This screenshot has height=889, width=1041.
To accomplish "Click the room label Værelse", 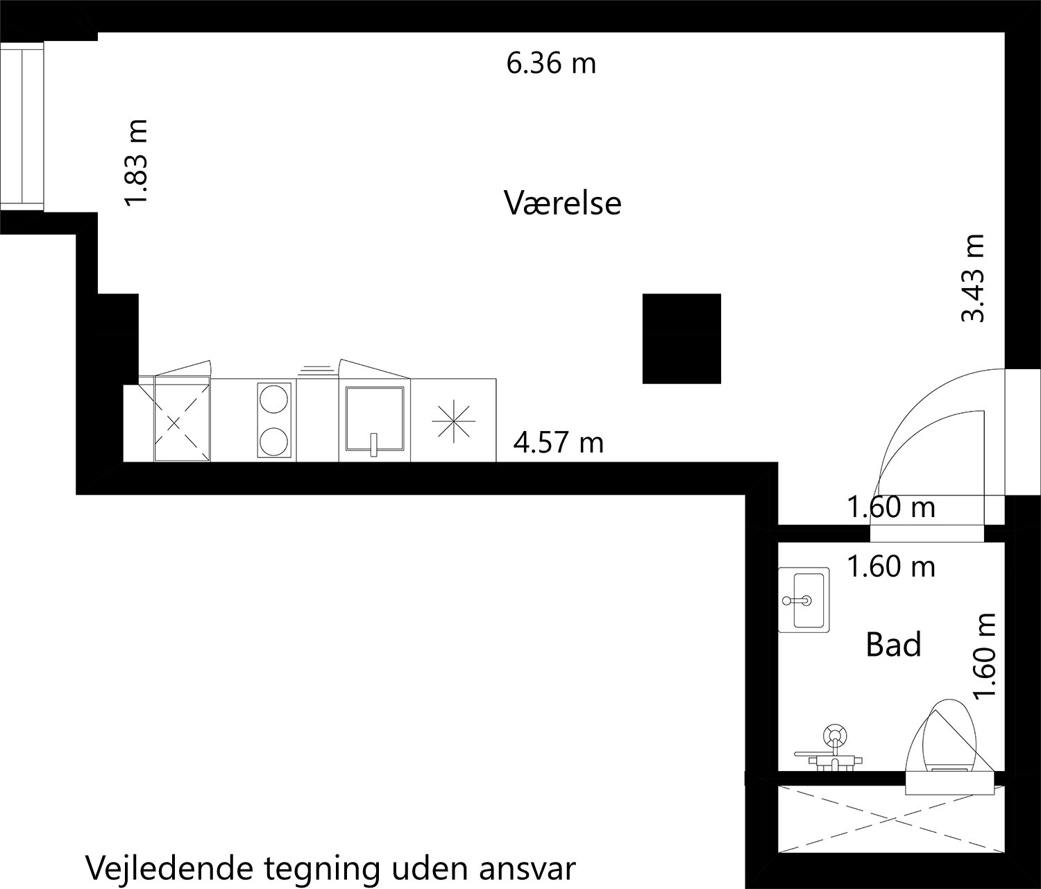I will (562, 203).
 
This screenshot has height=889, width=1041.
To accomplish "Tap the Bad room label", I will (893, 645).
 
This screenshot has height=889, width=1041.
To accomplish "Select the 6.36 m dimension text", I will (551, 64).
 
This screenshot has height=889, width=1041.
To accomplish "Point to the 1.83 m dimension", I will (136, 162).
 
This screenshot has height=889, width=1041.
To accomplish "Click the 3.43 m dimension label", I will (972, 278).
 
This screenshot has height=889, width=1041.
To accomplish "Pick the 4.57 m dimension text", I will (559, 442).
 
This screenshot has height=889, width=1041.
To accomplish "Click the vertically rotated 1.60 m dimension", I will (985, 657).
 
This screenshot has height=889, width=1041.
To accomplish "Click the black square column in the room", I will (682, 338).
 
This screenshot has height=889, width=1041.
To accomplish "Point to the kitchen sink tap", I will (373, 444).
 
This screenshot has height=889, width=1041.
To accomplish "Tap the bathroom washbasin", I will (804, 599).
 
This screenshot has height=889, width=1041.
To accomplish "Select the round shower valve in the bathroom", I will (833, 736).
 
